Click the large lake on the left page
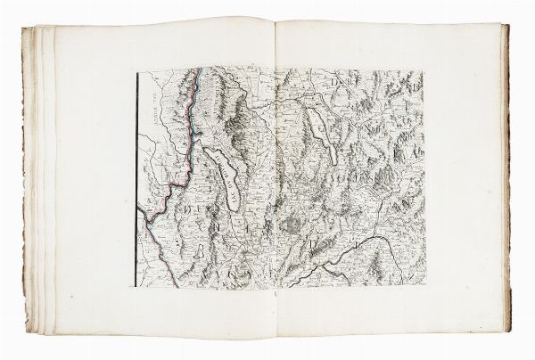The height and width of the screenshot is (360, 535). click(x=222, y=178)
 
